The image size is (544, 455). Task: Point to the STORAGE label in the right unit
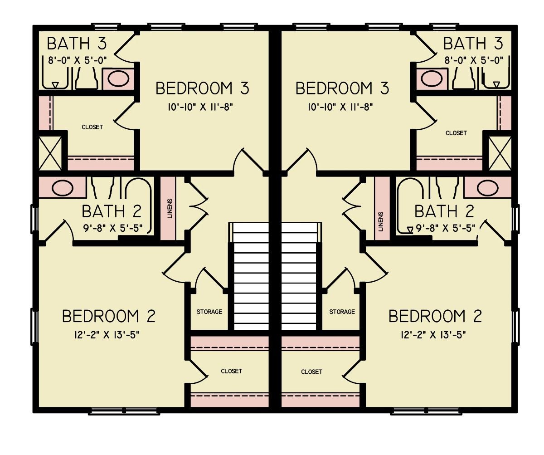pos(342,312)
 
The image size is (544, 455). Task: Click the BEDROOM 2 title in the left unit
pos(109,316)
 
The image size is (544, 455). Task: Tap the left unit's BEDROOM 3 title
pos(202,88)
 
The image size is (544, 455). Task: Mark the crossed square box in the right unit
pos(499,152)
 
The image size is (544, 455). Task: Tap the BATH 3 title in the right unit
pos(473,44)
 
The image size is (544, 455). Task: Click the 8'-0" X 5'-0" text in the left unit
pos(78,60)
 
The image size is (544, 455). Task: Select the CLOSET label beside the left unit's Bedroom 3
pos(92,127)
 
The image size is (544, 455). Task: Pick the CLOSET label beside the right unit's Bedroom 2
pos(311,372)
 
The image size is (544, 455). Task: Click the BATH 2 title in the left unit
pos(112,211)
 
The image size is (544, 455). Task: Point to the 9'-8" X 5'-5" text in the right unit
pos(444,229)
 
